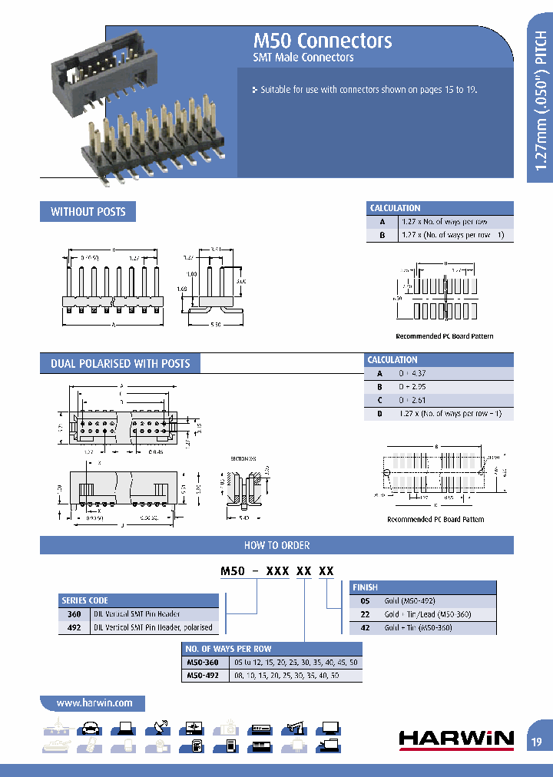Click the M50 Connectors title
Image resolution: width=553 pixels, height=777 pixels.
(323, 41)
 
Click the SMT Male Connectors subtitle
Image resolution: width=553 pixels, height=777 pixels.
(303, 58)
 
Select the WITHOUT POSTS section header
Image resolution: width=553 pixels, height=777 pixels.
(88, 212)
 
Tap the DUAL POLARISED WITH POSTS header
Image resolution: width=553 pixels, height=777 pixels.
(120, 363)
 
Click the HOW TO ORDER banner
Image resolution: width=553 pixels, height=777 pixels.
(276, 545)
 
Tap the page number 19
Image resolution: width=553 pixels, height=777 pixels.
(536, 742)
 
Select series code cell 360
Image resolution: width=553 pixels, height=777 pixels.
(75, 614)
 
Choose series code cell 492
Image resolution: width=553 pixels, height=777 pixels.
(75, 627)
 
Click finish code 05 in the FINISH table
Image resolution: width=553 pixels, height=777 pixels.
(365, 601)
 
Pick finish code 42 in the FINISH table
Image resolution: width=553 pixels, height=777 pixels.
(365, 627)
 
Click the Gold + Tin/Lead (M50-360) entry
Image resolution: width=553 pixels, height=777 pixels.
(427, 614)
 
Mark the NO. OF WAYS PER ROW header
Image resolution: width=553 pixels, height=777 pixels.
(228, 649)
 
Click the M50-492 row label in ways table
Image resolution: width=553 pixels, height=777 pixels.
(203, 676)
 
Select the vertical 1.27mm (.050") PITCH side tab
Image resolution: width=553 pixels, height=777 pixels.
(541, 100)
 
